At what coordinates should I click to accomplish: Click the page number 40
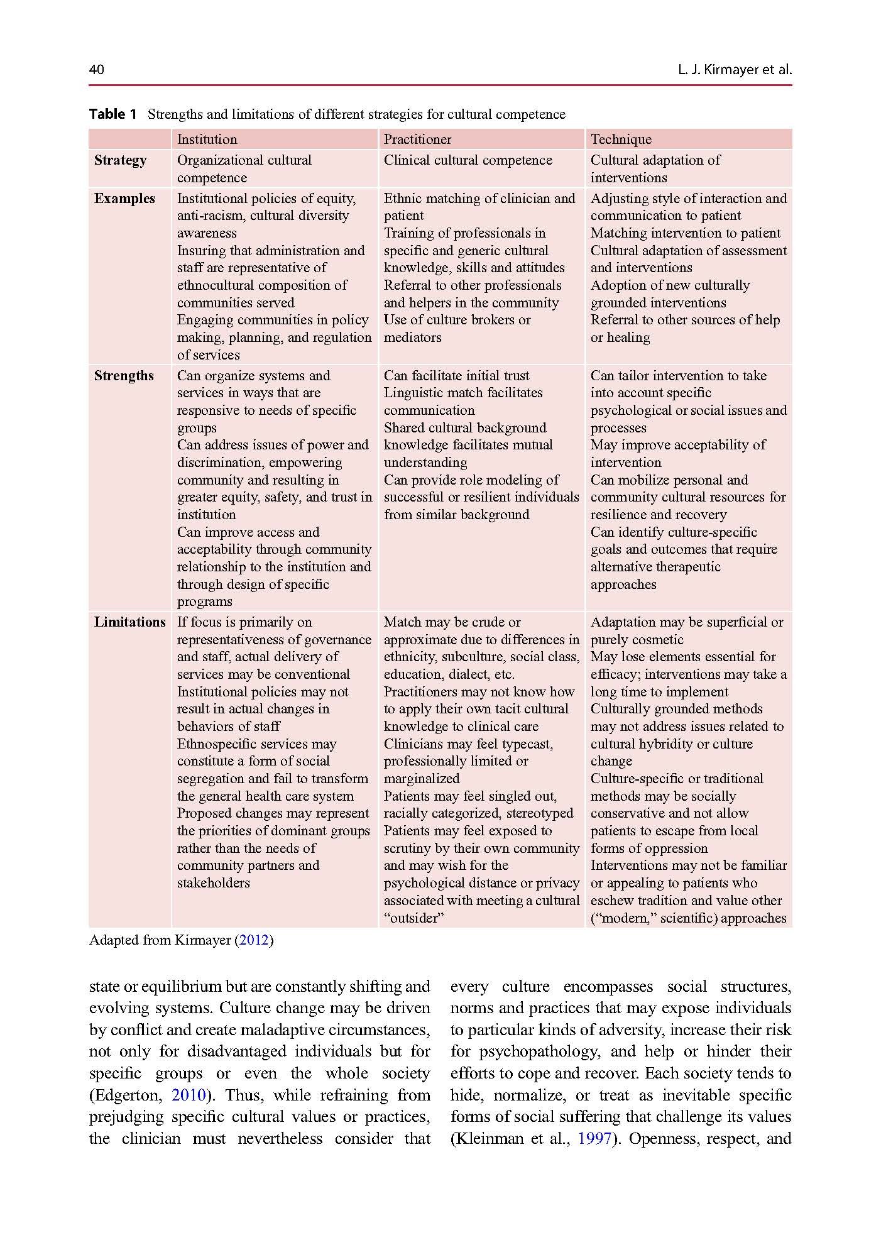pos(97,69)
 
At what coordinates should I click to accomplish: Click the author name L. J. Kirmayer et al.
pos(735,69)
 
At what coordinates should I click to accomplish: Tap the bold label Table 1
pos(113,114)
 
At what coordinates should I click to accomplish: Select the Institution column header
pos(207,140)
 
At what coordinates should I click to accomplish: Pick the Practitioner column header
pos(417,140)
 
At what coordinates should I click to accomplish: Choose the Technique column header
pos(621,140)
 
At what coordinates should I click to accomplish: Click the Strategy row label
pos(121,160)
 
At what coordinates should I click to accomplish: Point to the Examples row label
pos(124,199)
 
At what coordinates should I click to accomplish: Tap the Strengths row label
pos(124,376)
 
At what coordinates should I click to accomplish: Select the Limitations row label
pos(130,622)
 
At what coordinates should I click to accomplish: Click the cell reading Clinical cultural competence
pos(468,160)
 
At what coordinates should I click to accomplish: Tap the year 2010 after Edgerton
pos(189,1095)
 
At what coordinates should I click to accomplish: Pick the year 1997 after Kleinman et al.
pos(594,1138)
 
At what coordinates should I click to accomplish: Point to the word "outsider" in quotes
pos(414,918)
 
